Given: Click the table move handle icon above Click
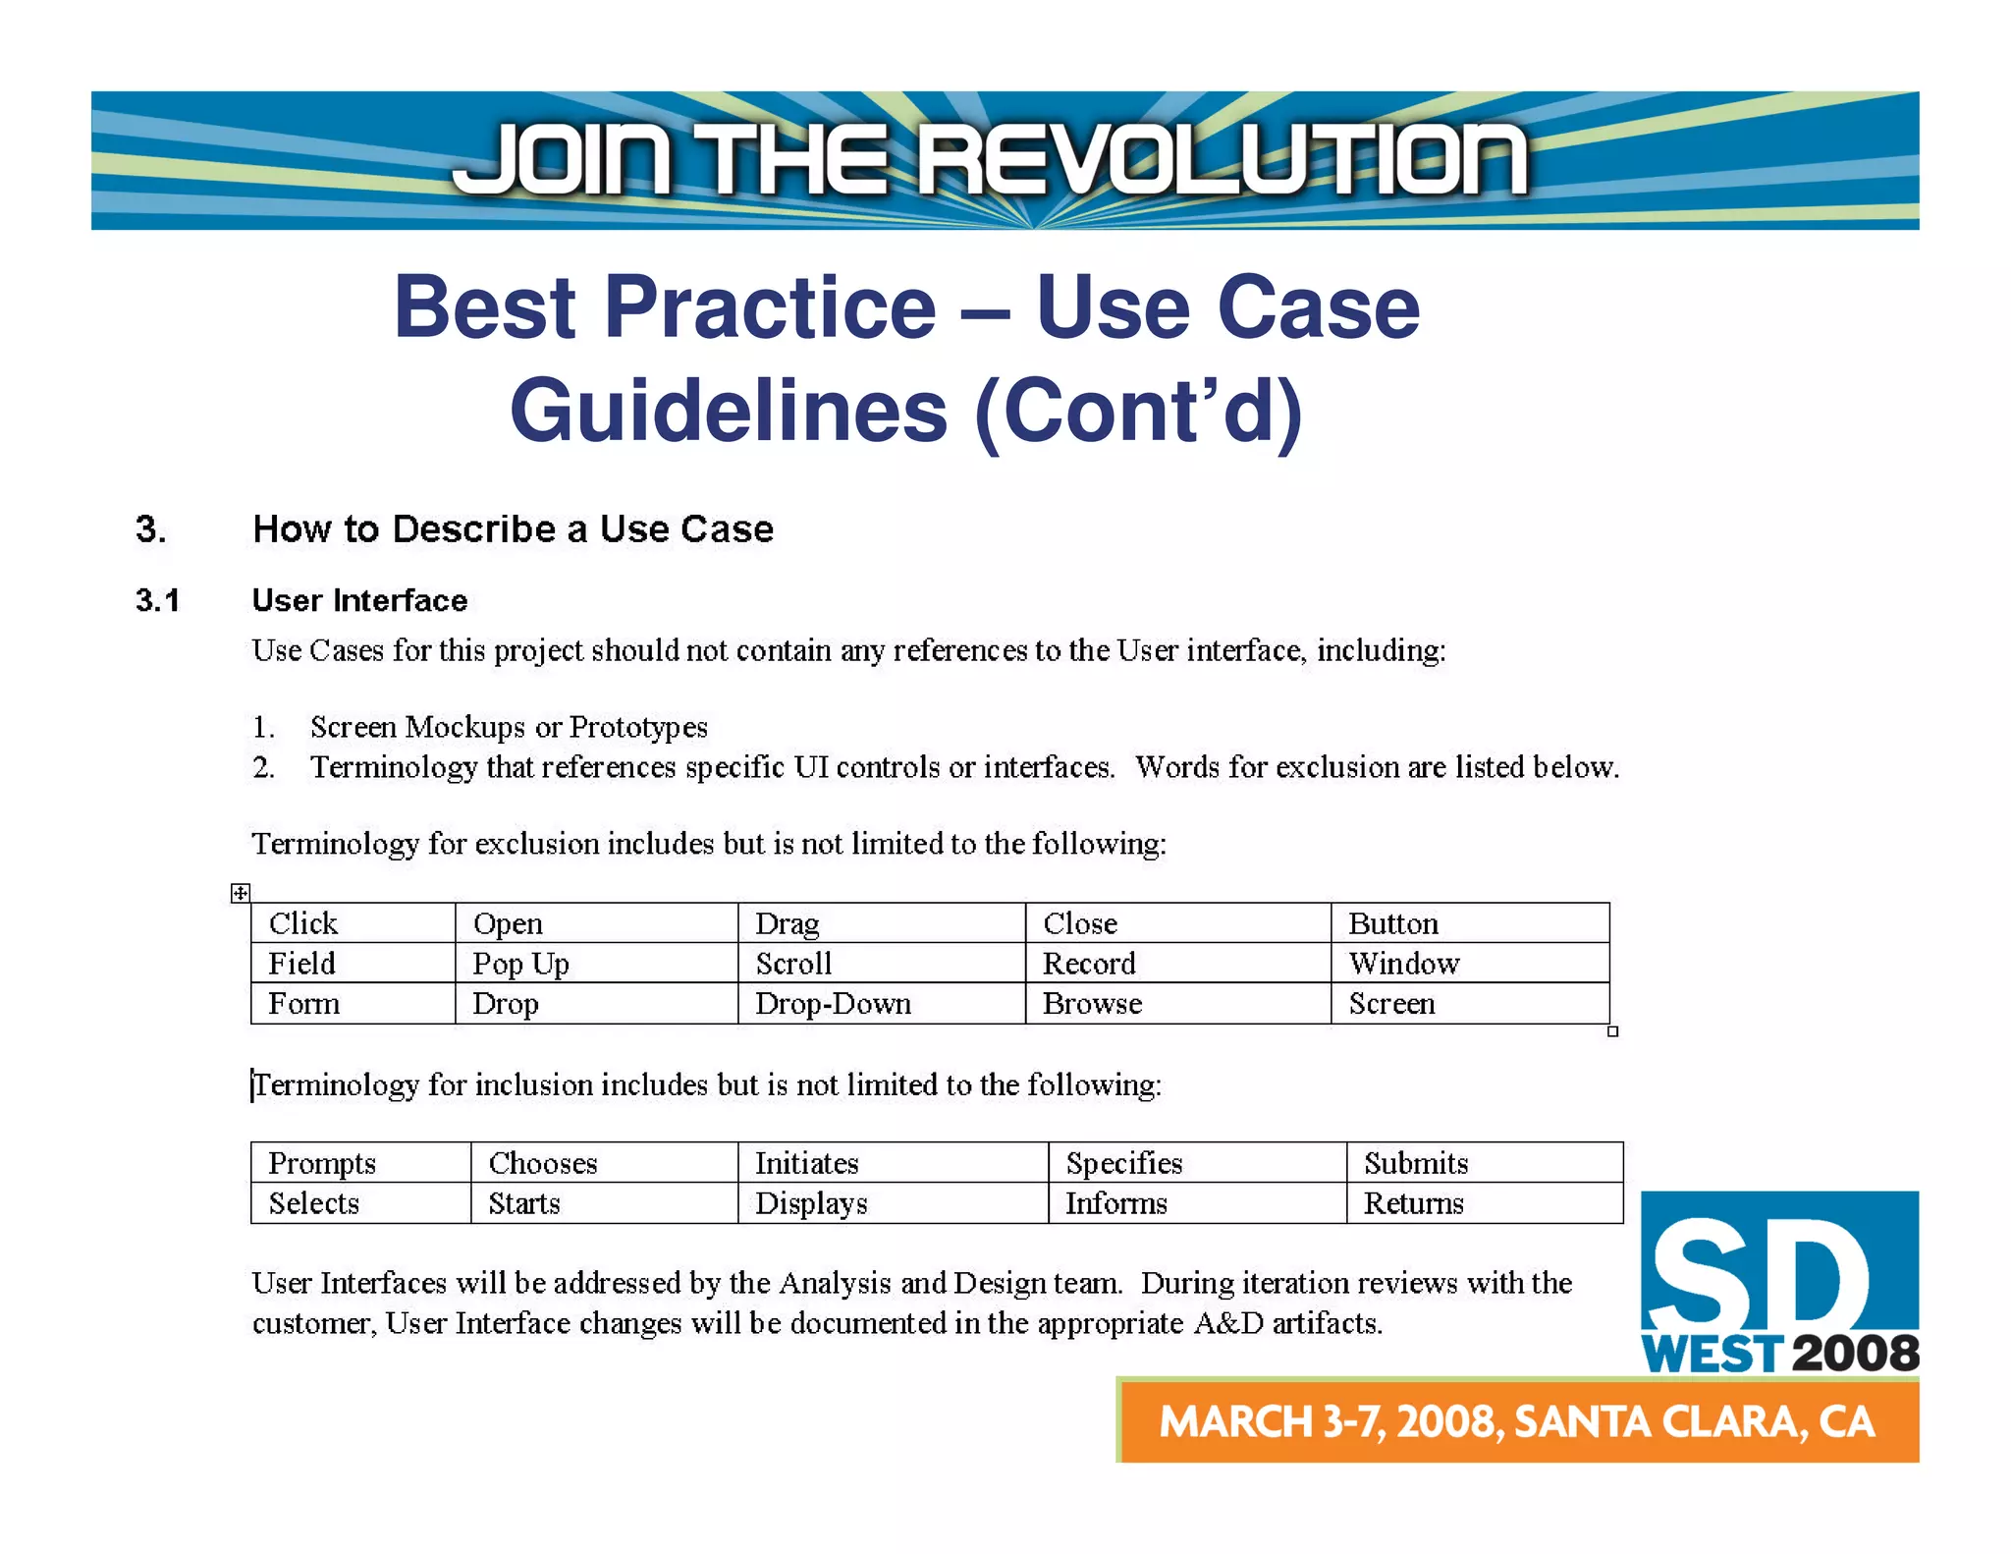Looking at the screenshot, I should pos(241,893).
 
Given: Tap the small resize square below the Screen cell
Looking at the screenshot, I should pos(1612,1031).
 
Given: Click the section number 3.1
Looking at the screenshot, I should pos(158,600).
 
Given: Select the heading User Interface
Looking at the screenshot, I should pos(359,600).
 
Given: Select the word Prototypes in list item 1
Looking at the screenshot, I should pos(638,727).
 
